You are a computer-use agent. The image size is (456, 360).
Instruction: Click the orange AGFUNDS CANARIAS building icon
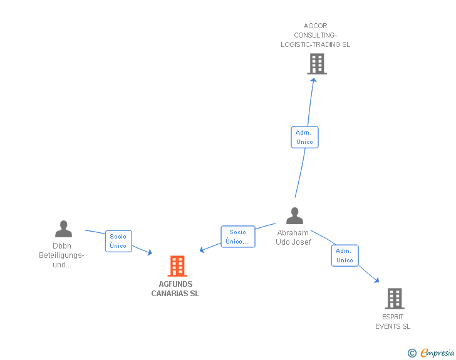(x=178, y=266)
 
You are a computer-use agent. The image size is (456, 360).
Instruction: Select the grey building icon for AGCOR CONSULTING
(x=317, y=64)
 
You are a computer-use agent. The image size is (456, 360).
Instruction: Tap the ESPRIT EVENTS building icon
(x=395, y=299)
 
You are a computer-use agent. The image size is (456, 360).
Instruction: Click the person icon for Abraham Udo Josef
(x=294, y=216)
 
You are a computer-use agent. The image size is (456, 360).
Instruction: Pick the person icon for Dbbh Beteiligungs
(x=63, y=229)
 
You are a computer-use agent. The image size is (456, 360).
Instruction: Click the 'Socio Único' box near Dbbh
(x=118, y=241)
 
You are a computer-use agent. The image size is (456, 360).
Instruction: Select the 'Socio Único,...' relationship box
(x=238, y=237)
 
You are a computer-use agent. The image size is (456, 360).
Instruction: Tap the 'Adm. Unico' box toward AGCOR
(x=305, y=137)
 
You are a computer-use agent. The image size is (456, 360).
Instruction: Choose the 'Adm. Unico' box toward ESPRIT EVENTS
(x=345, y=255)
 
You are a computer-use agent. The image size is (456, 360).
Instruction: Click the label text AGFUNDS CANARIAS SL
(x=175, y=289)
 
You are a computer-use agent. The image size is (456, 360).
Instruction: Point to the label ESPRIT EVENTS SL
(x=393, y=321)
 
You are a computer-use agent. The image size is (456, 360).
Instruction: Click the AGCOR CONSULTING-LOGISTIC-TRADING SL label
(x=316, y=35)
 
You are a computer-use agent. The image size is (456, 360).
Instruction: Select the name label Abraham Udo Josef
(x=293, y=237)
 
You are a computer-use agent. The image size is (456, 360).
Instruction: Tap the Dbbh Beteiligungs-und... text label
(x=61, y=255)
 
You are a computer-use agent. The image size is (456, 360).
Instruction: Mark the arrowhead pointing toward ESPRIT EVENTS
(x=377, y=280)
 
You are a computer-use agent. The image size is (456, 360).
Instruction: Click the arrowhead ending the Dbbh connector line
(x=150, y=252)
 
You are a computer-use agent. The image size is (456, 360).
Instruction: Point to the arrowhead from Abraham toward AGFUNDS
(x=202, y=250)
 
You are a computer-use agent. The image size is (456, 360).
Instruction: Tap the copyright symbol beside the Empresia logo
(x=412, y=354)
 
